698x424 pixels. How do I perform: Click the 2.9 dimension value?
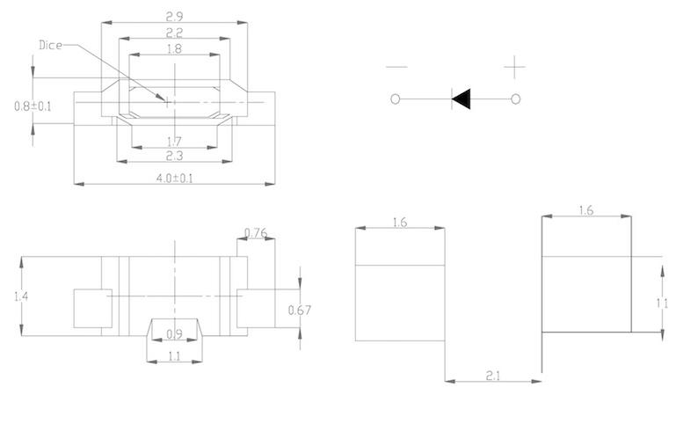pyautogui.click(x=174, y=17)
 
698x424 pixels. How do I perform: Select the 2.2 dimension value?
pyautogui.click(x=174, y=33)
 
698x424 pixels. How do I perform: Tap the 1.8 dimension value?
pyautogui.click(x=174, y=48)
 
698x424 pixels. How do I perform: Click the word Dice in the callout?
pyautogui.click(x=50, y=45)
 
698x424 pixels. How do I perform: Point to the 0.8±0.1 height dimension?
pyautogui.click(x=33, y=106)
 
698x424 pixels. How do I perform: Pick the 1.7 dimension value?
pyautogui.click(x=174, y=142)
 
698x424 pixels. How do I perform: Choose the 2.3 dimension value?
pyautogui.click(x=174, y=156)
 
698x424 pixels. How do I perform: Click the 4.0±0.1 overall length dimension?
pyautogui.click(x=174, y=179)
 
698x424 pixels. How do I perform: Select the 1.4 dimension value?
pyautogui.click(x=21, y=296)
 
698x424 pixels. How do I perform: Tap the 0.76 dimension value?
pyautogui.click(x=256, y=233)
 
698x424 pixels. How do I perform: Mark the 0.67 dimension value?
pyautogui.click(x=300, y=310)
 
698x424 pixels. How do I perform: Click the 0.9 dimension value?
pyautogui.click(x=174, y=334)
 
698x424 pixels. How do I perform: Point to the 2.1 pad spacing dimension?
pyautogui.click(x=493, y=376)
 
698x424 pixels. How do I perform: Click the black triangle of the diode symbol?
pyautogui.click(x=462, y=99)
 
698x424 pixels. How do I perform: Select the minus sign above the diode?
pyautogui.click(x=396, y=67)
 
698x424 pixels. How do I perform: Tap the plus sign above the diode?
pyautogui.click(x=514, y=67)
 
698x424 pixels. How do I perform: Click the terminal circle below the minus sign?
pyautogui.click(x=395, y=99)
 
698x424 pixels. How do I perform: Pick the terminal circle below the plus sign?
pyautogui.click(x=515, y=99)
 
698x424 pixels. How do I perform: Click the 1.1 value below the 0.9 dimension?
pyautogui.click(x=174, y=356)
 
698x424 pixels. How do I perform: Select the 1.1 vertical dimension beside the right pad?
pyautogui.click(x=662, y=303)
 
